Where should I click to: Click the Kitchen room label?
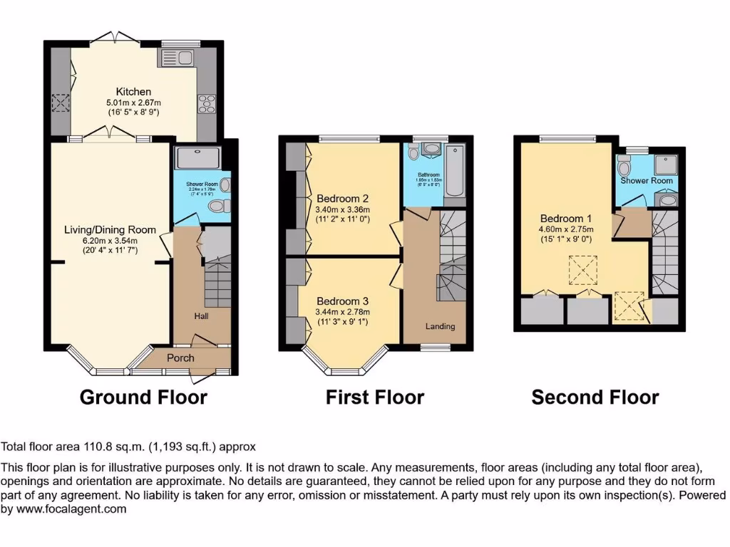[134, 91]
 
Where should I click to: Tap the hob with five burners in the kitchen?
[206, 104]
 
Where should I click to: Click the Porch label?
[180, 358]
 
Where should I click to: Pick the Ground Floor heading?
[143, 397]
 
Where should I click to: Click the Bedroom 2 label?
[342, 197]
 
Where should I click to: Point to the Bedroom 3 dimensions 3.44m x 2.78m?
[343, 312]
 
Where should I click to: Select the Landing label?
[440, 326]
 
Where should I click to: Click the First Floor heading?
[375, 397]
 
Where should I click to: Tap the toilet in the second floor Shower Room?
[624, 168]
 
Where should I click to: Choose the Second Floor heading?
[595, 397]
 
